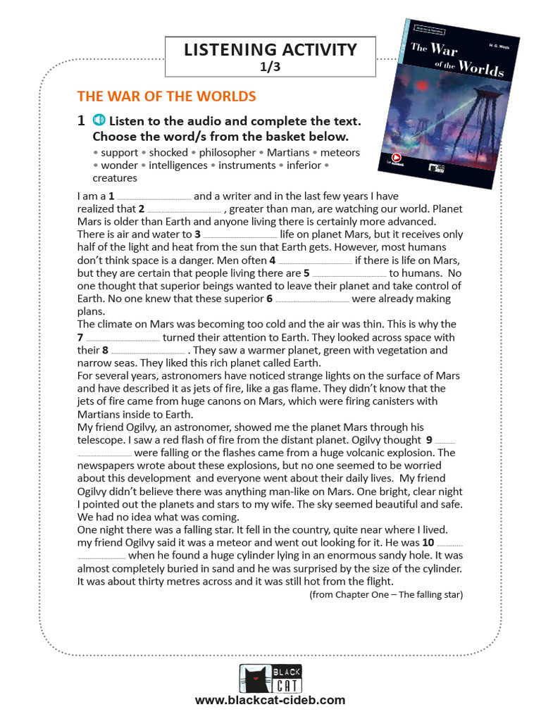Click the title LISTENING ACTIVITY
point(270,49)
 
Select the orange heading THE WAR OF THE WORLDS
point(166,96)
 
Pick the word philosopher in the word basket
point(227,152)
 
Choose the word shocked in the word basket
point(168,152)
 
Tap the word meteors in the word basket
point(340,152)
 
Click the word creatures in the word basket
point(115,178)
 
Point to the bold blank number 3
point(198,234)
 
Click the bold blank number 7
point(80,337)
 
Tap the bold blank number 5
point(306,273)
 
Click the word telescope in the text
point(100,440)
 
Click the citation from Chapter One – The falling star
point(386,595)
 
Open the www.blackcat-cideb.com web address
point(270,700)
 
